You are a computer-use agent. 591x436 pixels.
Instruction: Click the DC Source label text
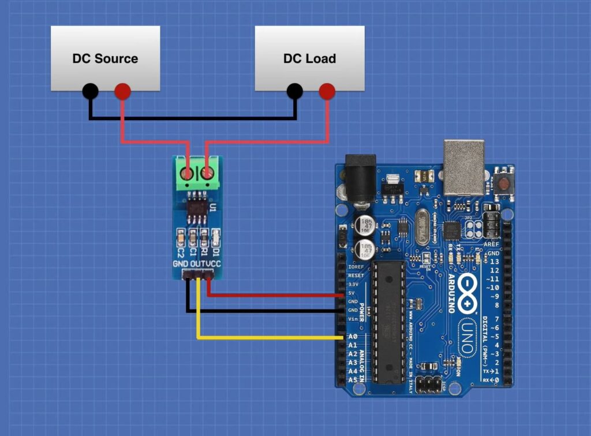pos(105,58)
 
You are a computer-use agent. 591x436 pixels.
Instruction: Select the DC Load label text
pos(309,58)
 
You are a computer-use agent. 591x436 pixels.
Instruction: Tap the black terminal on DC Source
pos(90,91)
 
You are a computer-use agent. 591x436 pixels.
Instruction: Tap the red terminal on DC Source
pos(122,91)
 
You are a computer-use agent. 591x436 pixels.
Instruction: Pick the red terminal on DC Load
pos(327,91)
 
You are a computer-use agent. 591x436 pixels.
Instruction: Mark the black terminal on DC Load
pos(295,91)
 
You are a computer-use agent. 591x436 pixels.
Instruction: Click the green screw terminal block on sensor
pos(197,173)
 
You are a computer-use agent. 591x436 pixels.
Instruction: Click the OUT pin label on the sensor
pos(198,264)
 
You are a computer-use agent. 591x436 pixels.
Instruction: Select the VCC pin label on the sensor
pos(214,264)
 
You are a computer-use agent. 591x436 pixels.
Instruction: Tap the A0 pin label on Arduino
pos(353,337)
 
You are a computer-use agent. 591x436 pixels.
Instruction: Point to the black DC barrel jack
pos(360,178)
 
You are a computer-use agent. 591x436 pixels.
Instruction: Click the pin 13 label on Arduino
pos(494,262)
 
